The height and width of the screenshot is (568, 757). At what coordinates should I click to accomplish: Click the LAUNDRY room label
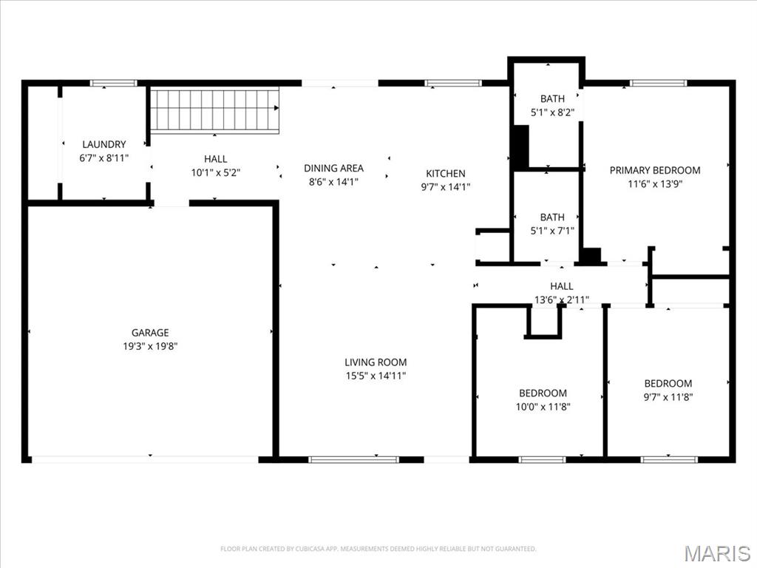(x=103, y=144)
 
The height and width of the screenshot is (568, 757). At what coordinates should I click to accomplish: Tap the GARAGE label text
(x=150, y=333)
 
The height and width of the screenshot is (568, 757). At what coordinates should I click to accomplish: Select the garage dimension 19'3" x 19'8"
(x=150, y=345)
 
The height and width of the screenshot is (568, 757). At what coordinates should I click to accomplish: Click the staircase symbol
(x=215, y=111)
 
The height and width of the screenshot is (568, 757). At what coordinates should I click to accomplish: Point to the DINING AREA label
(x=333, y=168)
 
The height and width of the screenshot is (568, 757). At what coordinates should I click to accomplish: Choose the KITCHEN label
(x=445, y=174)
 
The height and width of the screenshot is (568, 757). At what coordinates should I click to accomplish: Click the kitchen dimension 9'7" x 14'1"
(x=445, y=187)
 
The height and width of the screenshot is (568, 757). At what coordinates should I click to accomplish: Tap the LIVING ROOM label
(x=376, y=362)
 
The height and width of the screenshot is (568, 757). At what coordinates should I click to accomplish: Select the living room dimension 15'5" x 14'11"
(x=376, y=376)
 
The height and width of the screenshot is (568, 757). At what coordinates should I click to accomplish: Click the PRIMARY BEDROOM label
(x=654, y=170)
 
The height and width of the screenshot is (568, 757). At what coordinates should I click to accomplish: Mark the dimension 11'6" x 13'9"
(x=654, y=184)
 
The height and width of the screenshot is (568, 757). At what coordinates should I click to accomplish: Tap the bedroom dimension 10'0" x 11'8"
(x=543, y=406)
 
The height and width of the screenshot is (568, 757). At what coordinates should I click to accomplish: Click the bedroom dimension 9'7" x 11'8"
(x=668, y=396)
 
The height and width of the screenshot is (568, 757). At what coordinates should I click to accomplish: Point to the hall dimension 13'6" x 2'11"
(x=562, y=300)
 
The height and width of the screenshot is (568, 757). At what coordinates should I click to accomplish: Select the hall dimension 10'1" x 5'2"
(x=215, y=172)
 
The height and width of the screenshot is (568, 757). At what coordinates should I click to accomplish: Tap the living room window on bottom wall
(x=353, y=459)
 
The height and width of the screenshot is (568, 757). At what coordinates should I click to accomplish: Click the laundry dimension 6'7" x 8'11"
(x=103, y=158)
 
